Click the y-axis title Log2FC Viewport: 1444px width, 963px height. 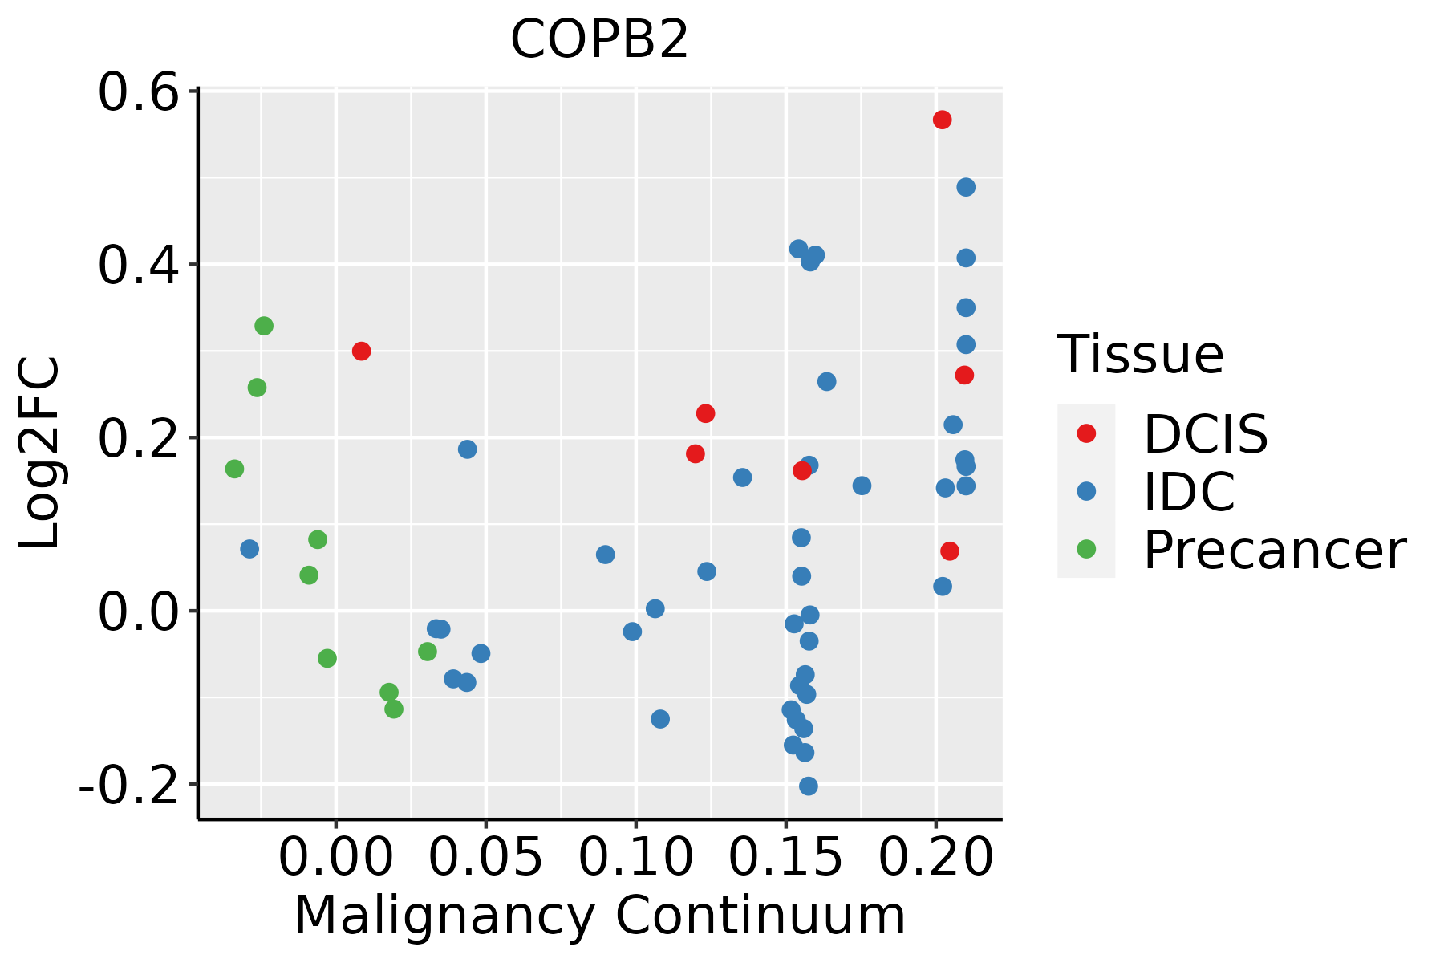(40, 453)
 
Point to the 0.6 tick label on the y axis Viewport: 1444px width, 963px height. (137, 92)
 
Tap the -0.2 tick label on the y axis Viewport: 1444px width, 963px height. (128, 786)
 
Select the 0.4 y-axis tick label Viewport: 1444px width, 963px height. (137, 266)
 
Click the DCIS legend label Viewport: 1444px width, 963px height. (1205, 434)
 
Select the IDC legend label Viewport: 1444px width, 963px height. (1189, 492)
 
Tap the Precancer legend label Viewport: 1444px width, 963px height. (1274, 551)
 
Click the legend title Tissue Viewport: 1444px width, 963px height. (1140, 354)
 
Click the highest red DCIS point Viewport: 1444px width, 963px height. (943, 120)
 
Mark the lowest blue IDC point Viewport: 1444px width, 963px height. (809, 786)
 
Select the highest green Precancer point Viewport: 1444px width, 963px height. (264, 326)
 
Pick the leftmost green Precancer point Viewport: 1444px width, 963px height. (234, 469)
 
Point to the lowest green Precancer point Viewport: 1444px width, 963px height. (394, 709)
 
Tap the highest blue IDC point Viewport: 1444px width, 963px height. (966, 187)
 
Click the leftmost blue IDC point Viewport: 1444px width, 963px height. (249, 549)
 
